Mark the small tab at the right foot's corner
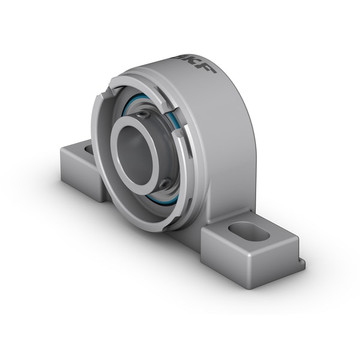[300, 264]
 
